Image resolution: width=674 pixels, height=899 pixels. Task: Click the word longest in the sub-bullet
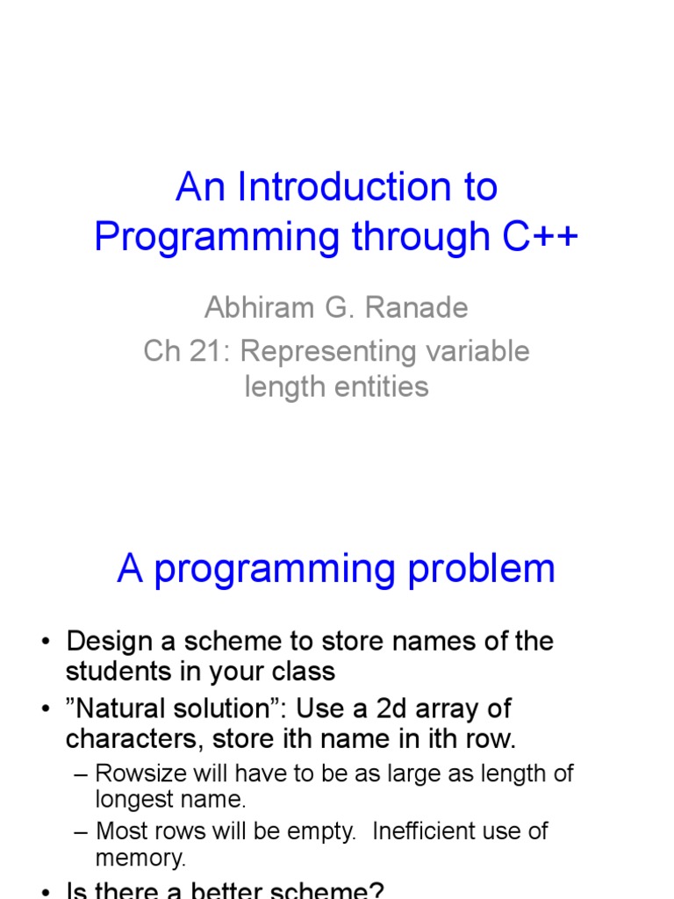131,800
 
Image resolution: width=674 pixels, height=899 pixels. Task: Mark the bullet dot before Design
46,642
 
